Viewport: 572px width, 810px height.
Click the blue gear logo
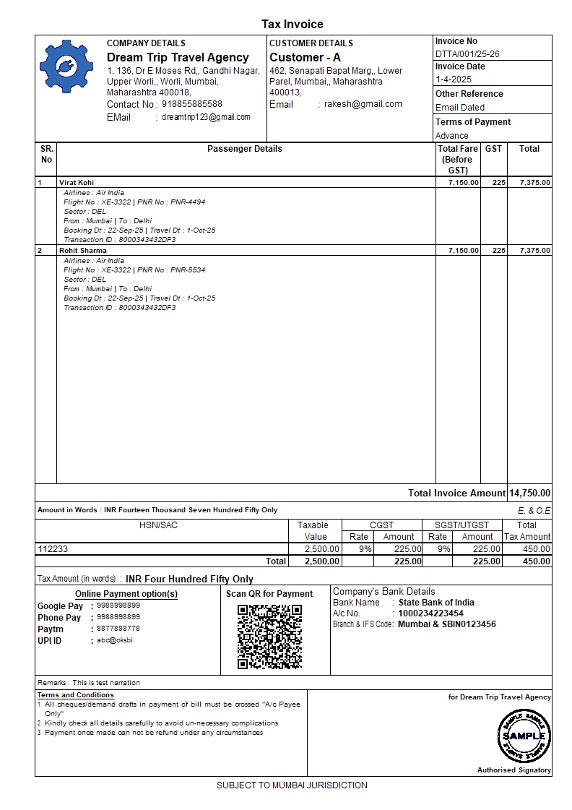tap(66, 66)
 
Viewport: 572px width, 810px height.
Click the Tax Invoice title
tap(292, 25)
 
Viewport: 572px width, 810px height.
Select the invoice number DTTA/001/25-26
tap(467, 54)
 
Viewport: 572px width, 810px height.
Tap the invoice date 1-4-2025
tap(453, 79)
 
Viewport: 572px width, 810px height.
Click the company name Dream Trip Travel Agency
tap(178, 58)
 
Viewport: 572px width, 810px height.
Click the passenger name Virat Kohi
tap(77, 183)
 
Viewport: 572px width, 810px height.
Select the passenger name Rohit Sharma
tap(82, 251)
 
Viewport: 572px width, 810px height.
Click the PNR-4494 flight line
tap(134, 202)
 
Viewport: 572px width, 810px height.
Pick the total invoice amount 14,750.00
tap(529, 493)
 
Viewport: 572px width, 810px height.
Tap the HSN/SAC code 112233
tap(53, 549)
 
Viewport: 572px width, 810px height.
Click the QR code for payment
tap(269, 637)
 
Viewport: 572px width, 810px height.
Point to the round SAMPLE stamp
tap(524, 736)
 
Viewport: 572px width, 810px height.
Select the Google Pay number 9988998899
tap(118, 606)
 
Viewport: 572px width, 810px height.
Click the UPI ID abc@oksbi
tap(115, 640)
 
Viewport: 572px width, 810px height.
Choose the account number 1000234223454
tap(430, 613)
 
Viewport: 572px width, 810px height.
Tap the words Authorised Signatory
tap(513, 770)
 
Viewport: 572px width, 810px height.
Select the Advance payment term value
tap(451, 136)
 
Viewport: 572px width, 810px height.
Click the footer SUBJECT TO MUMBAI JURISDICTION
tap(292, 785)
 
